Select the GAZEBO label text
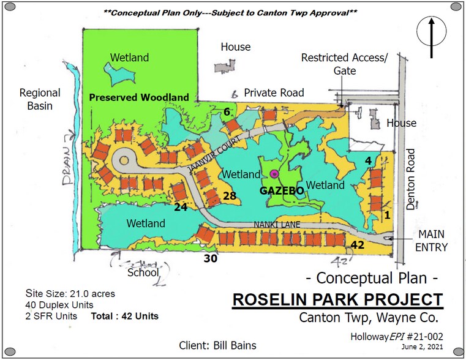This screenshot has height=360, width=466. tap(282, 190)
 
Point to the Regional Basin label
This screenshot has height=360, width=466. tap(40, 99)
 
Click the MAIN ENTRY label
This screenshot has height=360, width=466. tap(432, 241)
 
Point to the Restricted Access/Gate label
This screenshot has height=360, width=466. tap(345, 64)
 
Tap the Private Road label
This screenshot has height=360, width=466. tap(274, 92)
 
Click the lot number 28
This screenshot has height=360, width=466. tap(230, 196)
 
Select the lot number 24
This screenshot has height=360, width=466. tap(180, 206)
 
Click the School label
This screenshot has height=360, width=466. tap(143, 272)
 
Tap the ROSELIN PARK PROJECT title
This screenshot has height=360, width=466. tap(337, 300)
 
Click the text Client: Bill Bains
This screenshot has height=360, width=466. tap(218, 345)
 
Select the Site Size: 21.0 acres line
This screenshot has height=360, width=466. tap(70, 293)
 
